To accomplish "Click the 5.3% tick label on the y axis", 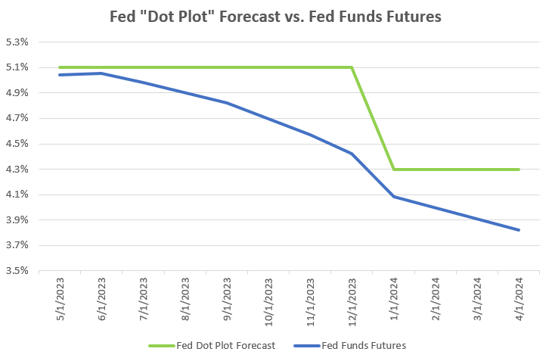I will [16, 42].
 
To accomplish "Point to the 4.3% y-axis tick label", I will [16, 170].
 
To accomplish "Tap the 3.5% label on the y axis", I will [16, 271].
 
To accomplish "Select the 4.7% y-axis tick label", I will [16, 119].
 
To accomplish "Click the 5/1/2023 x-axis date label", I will [60, 300].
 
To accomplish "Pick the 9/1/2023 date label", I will [228, 300].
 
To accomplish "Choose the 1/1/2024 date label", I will [394, 300].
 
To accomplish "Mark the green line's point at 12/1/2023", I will [352, 67].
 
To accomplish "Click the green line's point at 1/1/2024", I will [393, 170].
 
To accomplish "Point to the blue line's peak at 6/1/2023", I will [101, 73].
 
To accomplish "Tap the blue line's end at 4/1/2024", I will [519, 230].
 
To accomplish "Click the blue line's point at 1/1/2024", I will [393, 197].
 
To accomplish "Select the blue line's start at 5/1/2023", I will [60, 75].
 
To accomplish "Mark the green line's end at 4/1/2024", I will [519, 170].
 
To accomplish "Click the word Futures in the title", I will [414, 16].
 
